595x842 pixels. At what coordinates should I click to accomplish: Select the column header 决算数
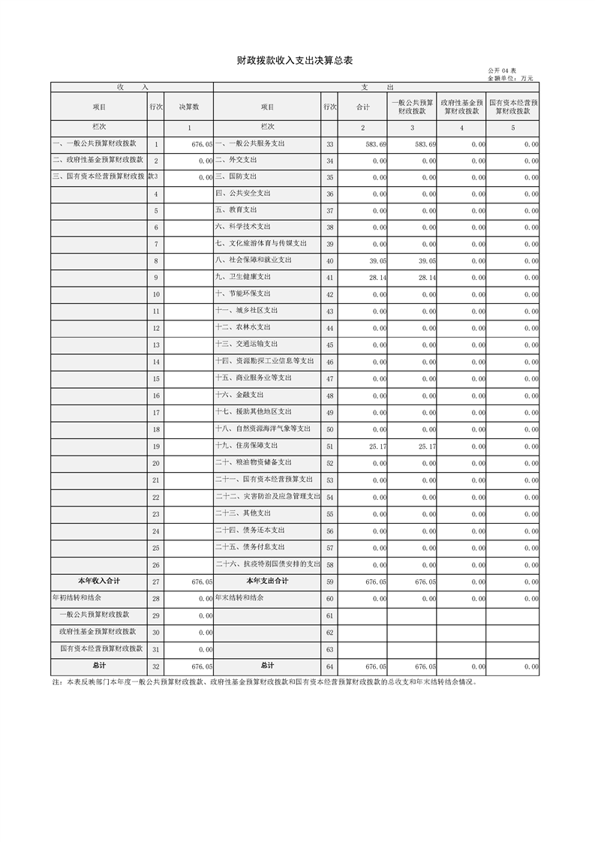(189, 107)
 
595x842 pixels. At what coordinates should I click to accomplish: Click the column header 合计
(363, 107)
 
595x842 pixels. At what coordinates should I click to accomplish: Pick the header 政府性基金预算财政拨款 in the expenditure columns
(461, 107)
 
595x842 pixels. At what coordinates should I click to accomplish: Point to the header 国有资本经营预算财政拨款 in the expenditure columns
(513, 107)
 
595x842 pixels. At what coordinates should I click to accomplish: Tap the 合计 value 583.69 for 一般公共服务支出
(374, 143)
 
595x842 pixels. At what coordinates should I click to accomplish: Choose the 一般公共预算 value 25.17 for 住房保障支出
(425, 447)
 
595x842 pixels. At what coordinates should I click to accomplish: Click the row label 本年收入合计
(99, 581)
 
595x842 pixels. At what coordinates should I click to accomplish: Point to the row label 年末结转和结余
(239, 598)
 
